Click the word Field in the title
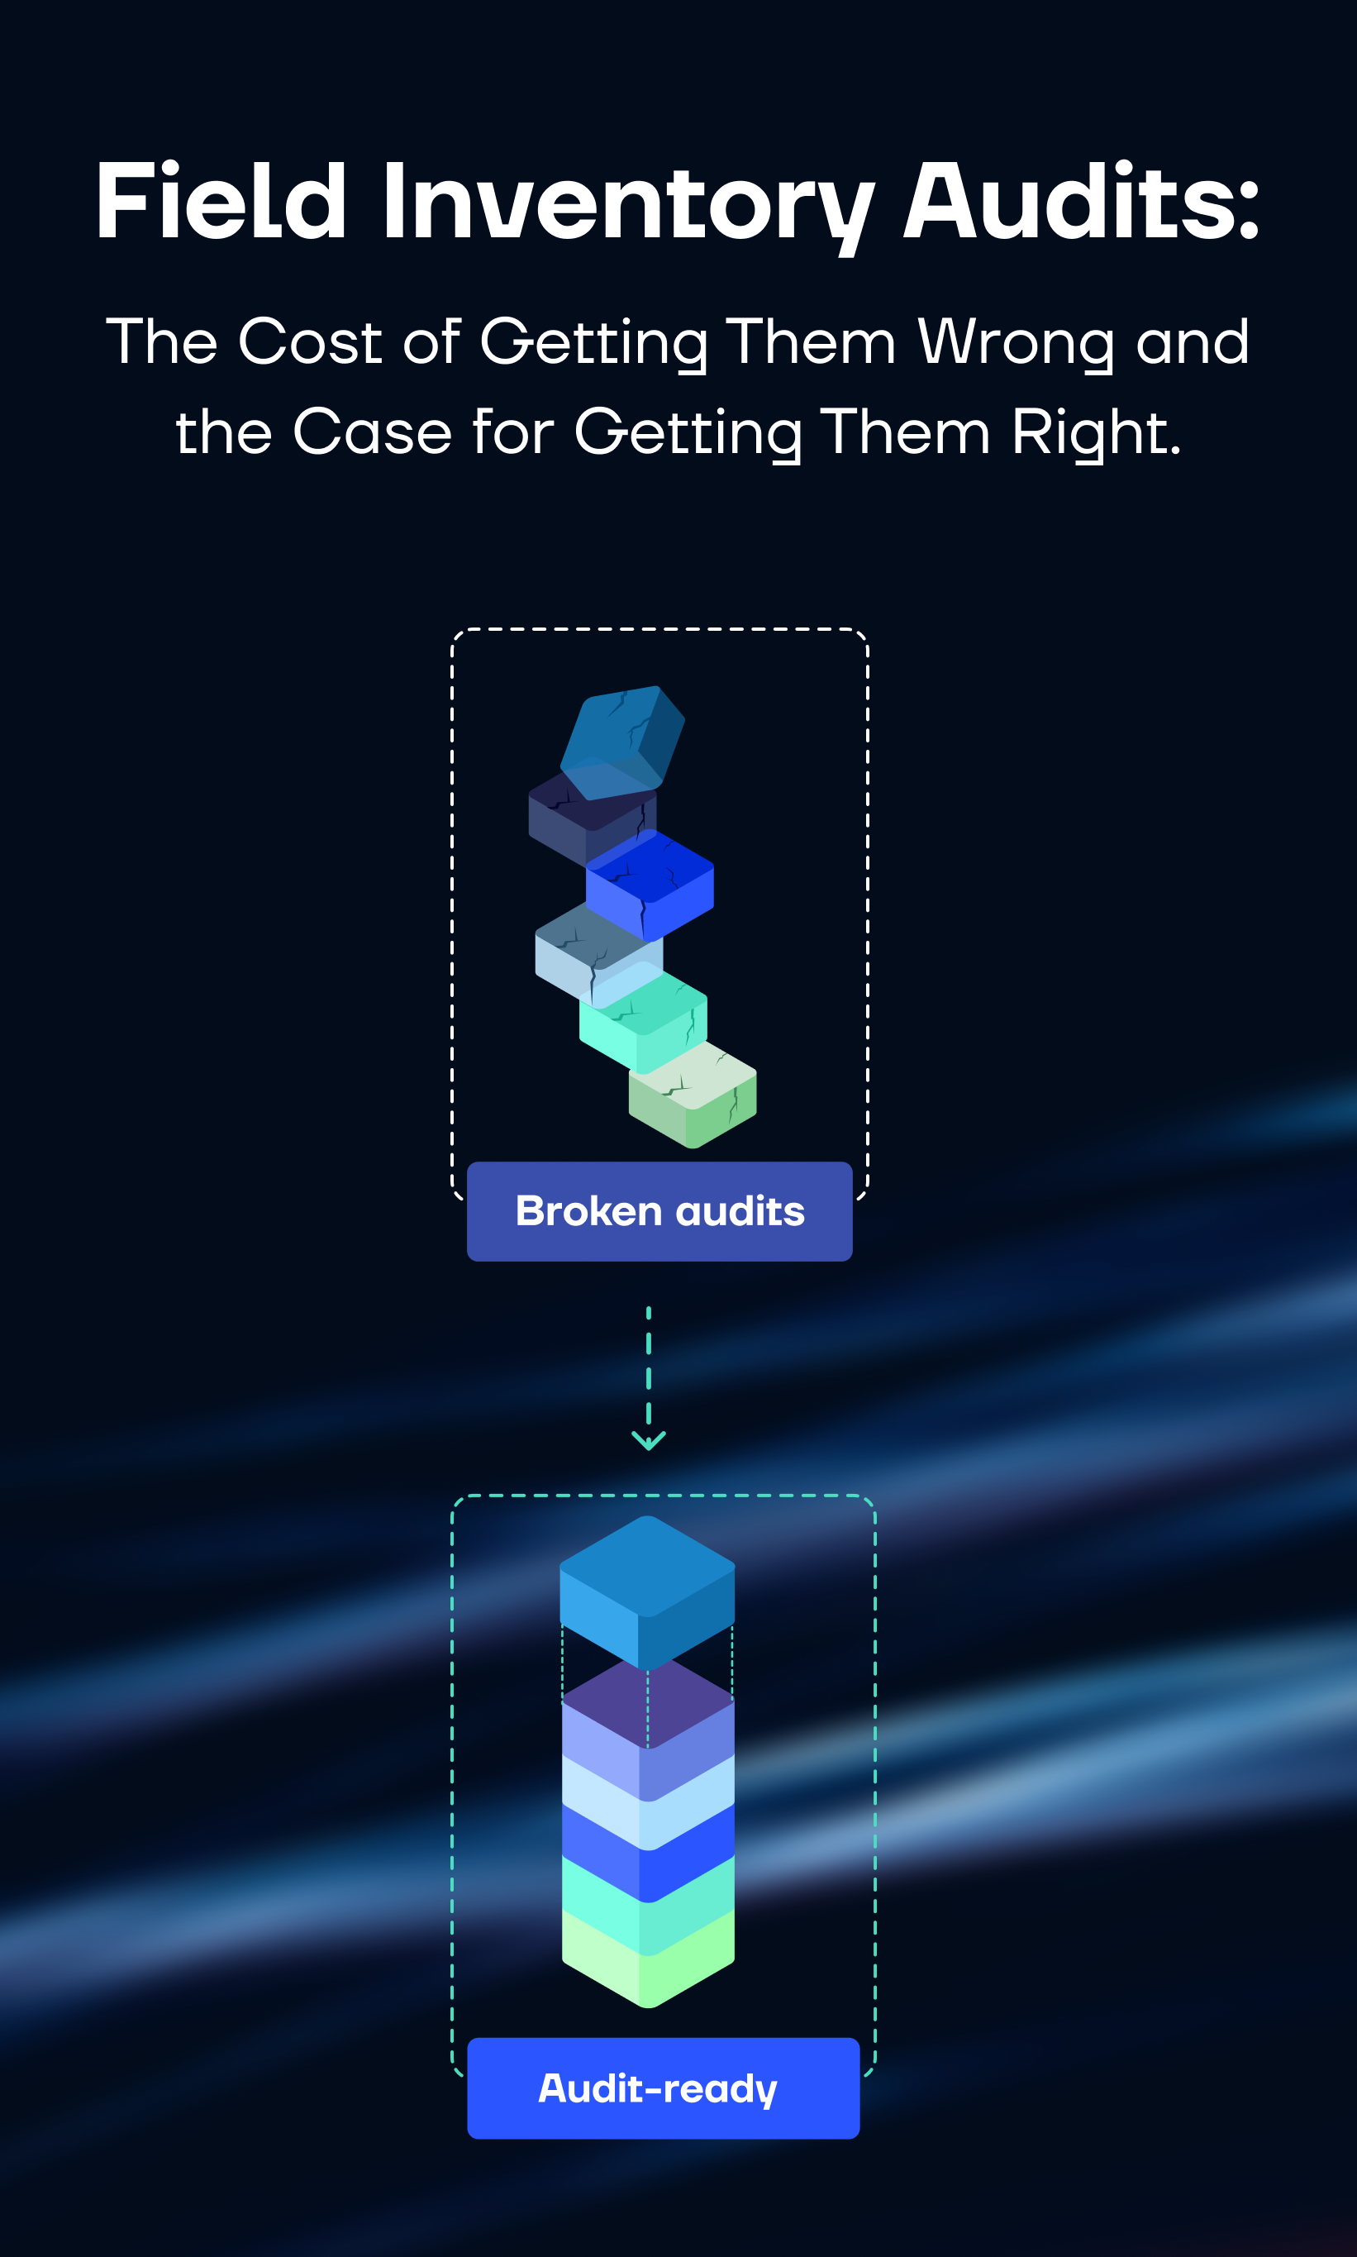221,201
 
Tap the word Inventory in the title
627,203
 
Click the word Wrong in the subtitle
1015,343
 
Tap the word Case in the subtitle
372,432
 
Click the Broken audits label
659,1211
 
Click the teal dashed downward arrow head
648,1440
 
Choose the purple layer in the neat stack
647,1703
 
